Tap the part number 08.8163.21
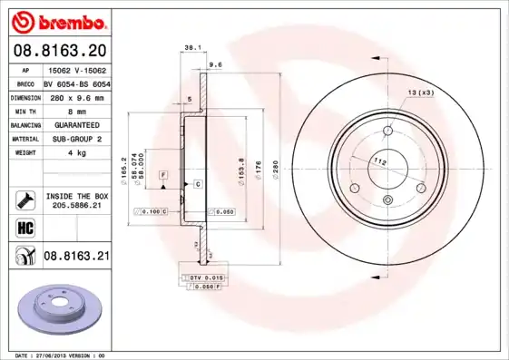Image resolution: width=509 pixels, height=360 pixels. [x=76, y=258]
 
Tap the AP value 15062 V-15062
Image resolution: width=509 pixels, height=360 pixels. [x=73, y=68]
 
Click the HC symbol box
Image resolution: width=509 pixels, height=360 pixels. [x=23, y=227]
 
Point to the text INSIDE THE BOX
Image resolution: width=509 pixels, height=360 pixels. [x=76, y=196]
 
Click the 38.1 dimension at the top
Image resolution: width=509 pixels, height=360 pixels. [x=191, y=46]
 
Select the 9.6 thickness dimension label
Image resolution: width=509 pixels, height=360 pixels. [x=215, y=65]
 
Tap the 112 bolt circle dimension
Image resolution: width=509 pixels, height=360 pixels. [x=381, y=161]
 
